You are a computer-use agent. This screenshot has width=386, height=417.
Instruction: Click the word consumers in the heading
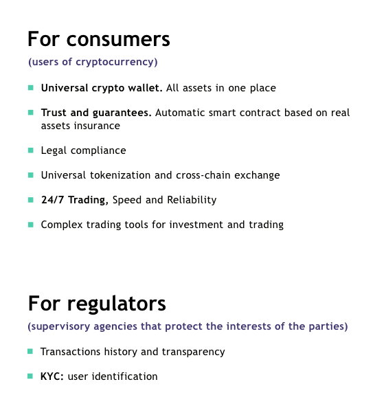tap(118, 39)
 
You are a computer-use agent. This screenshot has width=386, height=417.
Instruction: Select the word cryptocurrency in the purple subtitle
tap(117, 62)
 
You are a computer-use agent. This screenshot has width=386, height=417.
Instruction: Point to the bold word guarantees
tap(122, 113)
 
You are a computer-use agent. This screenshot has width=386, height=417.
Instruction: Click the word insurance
tap(97, 126)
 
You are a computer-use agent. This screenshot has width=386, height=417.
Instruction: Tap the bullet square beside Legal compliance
tap(31, 150)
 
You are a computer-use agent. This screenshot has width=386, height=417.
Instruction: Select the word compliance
tap(98, 151)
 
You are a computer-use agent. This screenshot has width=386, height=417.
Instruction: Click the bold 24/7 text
tap(53, 200)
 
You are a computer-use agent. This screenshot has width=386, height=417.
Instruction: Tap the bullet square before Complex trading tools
tap(31, 225)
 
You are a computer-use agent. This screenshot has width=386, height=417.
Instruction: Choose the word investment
tap(196, 225)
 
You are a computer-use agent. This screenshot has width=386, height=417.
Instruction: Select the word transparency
tap(193, 352)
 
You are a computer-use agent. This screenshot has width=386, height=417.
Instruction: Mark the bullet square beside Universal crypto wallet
tap(31, 88)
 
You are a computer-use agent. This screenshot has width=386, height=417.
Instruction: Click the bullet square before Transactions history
tap(30, 352)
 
